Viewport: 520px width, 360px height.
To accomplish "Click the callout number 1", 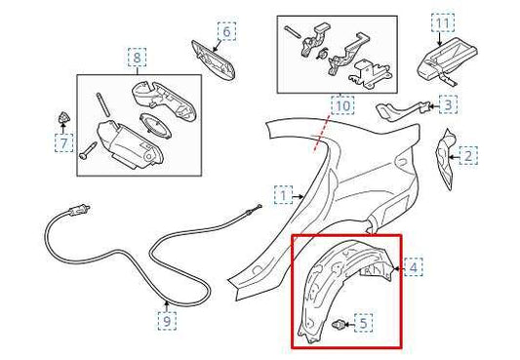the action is point(282,196).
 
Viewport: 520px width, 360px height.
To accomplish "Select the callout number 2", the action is point(468,155).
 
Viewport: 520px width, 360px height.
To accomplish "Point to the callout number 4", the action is point(414,266).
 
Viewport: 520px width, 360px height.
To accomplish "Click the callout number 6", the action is point(225,31).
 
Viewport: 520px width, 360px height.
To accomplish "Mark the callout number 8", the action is point(137,58).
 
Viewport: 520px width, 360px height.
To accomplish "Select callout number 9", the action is point(168,318).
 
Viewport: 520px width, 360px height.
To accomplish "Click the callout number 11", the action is point(443,21).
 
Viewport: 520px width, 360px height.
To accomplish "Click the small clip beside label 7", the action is point(65,118).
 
